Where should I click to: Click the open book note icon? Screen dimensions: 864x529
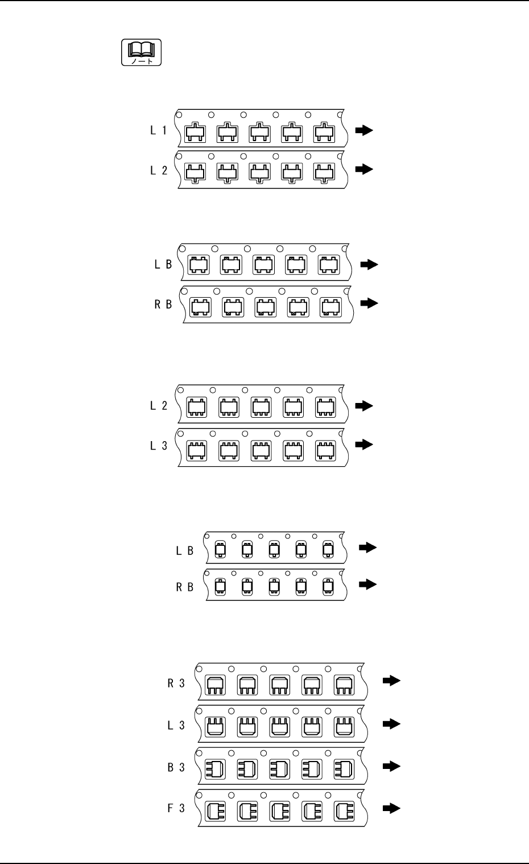[x=141, y=52]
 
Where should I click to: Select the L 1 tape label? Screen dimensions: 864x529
[x=159, y=130]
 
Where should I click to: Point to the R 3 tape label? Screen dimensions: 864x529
[x=176, y=684]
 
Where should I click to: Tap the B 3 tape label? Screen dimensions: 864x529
[x=176, y=767]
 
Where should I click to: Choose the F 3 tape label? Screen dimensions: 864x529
[x=176, y=808]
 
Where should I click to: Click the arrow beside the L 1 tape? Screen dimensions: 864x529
[x=363, y=130]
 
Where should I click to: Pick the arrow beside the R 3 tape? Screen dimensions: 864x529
[x=391, y=681]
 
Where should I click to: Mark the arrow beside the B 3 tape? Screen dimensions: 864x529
[x=391, y=766]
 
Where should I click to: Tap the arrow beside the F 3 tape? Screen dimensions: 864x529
[x=391, y=808]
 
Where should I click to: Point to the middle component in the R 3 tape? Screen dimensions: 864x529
[x=279, y=685]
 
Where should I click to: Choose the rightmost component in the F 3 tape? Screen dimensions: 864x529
[x=344, y=810]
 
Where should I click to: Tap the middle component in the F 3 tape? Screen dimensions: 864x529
[x=279, y=810]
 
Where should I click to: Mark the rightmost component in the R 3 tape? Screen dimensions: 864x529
[x=344, y=685]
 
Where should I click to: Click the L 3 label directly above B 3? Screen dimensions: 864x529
[x=176, y=725]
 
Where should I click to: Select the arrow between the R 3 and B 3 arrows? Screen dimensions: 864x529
[x=391, y=723]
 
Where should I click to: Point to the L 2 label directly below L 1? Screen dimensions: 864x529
[x=159, y=170]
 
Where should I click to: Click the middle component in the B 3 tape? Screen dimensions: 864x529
[x=279, y=770]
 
